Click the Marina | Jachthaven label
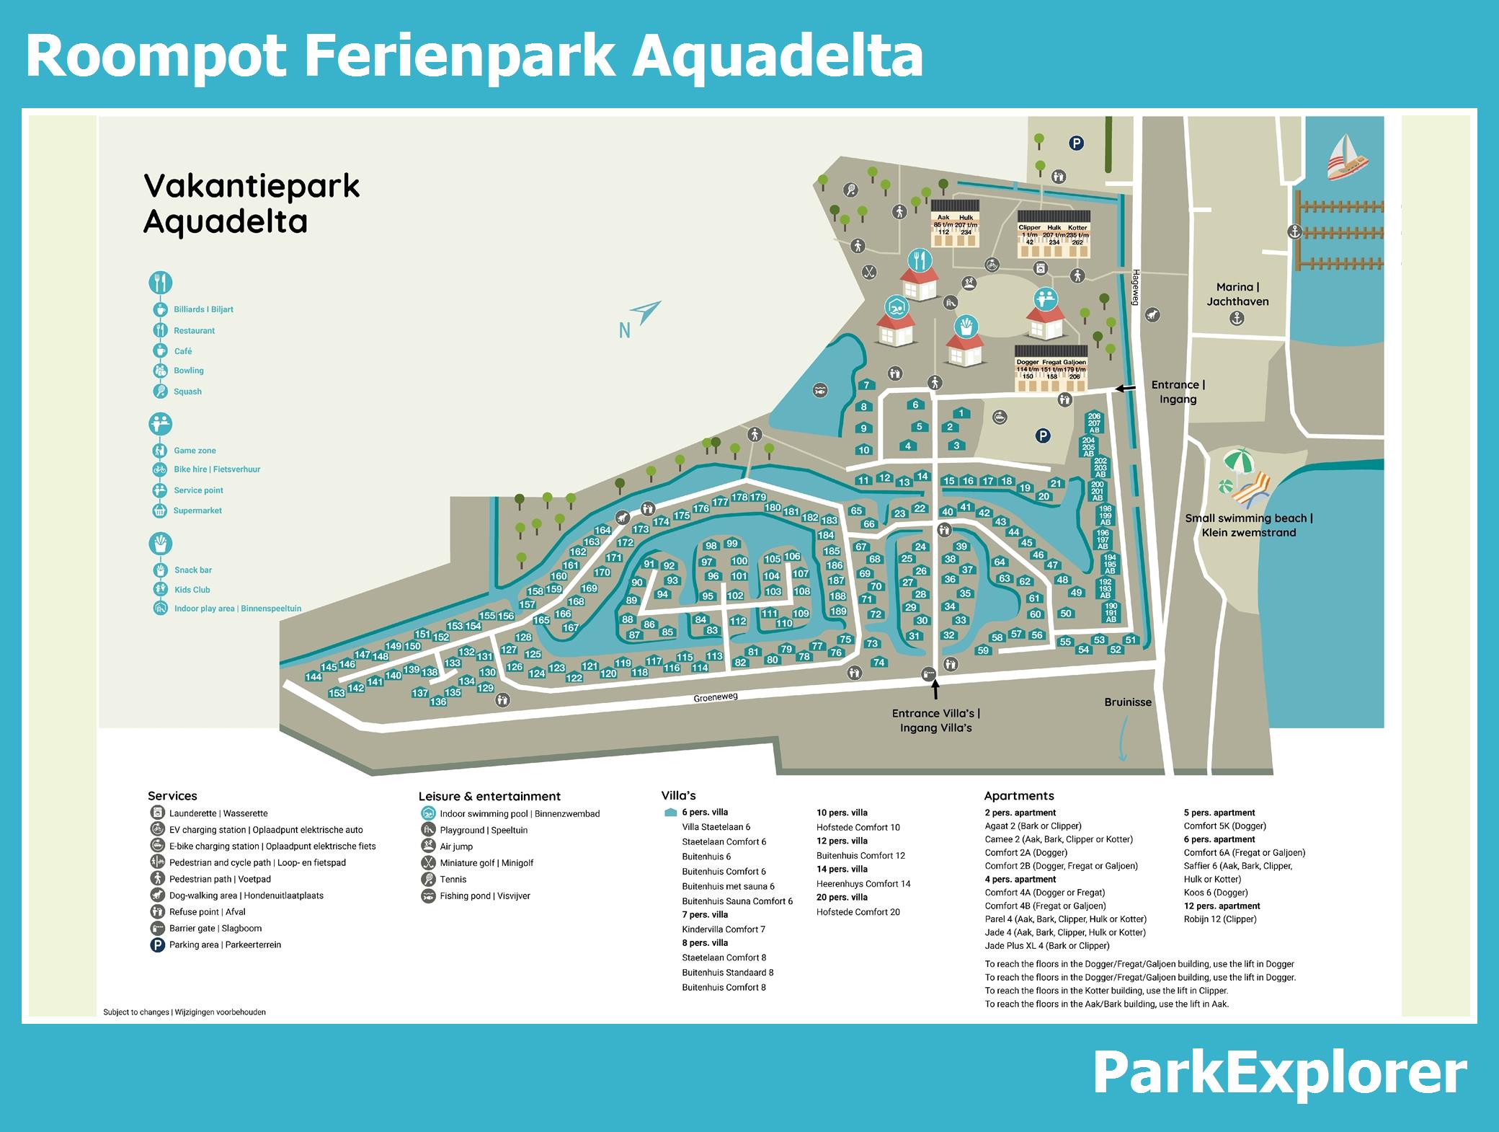(1237, 294)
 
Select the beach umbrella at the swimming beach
(1239, 460)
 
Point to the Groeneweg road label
(715, 697)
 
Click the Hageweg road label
(1136, 287)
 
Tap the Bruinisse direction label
(1128, 702)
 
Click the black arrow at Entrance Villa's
(935, 690)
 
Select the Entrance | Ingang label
(1178, 392)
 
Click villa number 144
(313, 676)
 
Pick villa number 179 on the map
(757, 497)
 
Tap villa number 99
(732, 544)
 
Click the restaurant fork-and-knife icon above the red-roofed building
(920, 259)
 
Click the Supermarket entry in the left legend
(197, 510)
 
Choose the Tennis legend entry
(453, 880)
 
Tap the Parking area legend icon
(157, 945)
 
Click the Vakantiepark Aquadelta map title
(251, 204)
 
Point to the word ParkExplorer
(1279, 1073)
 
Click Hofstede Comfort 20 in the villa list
(858, 912)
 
